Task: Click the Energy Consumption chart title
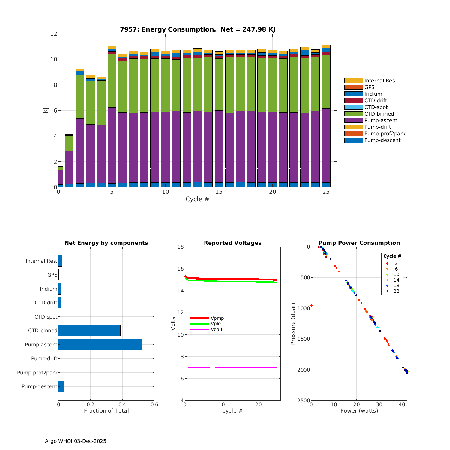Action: click(x=198, y=29)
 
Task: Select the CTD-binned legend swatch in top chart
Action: click(x=353, y=114)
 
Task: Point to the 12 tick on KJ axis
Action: click(x=54, y=34)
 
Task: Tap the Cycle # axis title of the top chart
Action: click(x=197, y=199)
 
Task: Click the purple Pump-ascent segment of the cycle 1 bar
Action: click(x=69, y=167)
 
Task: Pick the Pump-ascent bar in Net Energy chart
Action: click(x=100, y=345)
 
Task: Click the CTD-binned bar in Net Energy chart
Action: click(x=89, y=331)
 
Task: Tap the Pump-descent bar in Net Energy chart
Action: click(x=61, y=386)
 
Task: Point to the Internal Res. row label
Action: click(x=41, y=261)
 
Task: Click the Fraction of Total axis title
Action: click(x=106, y=411)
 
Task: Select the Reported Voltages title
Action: click(x=233, y=243)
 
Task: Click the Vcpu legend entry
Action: click(x=216, y=329)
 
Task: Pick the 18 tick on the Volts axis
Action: click(x=180, y=247)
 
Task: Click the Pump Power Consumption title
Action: click(x=359, y=243)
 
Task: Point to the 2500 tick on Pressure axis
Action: click(x=304, y=400)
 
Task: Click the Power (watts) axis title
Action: click(x=359, y=411)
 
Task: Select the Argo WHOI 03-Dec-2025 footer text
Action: click(x=76, y=441)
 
